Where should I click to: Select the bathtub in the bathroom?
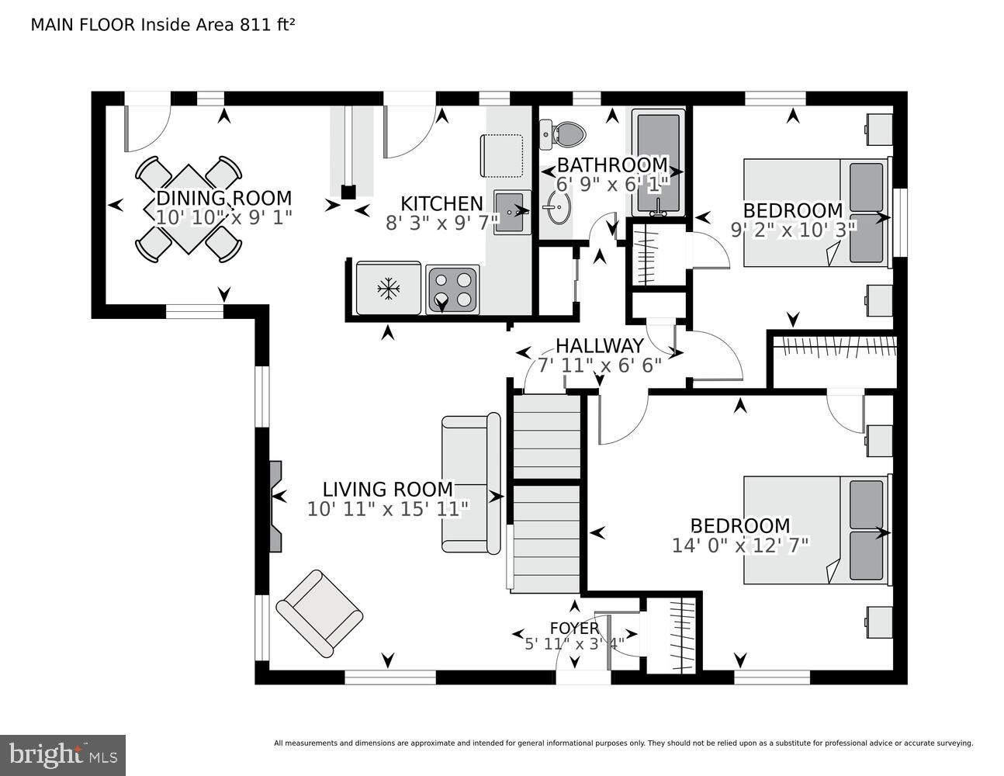659,162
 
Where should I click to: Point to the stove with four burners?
453,289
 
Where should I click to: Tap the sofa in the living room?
471,484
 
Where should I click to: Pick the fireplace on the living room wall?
275,506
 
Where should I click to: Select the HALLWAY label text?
599,346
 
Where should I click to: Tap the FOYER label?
574,628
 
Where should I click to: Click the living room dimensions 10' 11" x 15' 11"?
388,509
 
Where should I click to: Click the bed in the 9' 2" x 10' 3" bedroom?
815,213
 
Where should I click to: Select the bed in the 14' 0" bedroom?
815,529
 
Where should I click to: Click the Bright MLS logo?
63,754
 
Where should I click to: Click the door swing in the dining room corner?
146,127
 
